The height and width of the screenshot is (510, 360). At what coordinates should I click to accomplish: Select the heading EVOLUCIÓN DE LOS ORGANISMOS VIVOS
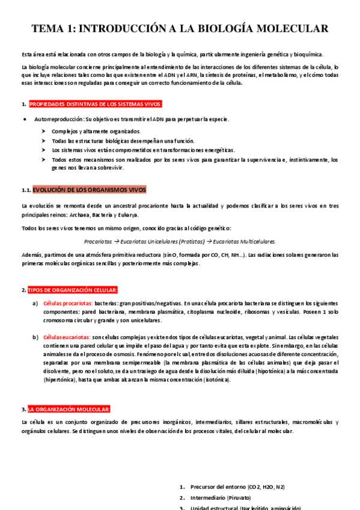pos(89,189)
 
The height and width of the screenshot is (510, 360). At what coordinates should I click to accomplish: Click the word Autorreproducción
pos(59,118)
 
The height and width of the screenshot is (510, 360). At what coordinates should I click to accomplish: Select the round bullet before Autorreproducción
pos(23,118)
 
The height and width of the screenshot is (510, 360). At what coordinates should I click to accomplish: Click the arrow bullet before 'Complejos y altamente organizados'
pos(44,131)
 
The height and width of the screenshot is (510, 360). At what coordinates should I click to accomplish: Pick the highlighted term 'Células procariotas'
pos(67,303)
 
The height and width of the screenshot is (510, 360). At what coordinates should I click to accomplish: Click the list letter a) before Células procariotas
pos(35,303)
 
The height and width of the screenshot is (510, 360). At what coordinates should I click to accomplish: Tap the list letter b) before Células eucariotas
pos(35,337)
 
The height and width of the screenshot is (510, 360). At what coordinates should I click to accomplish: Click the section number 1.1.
pos(25,190)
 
